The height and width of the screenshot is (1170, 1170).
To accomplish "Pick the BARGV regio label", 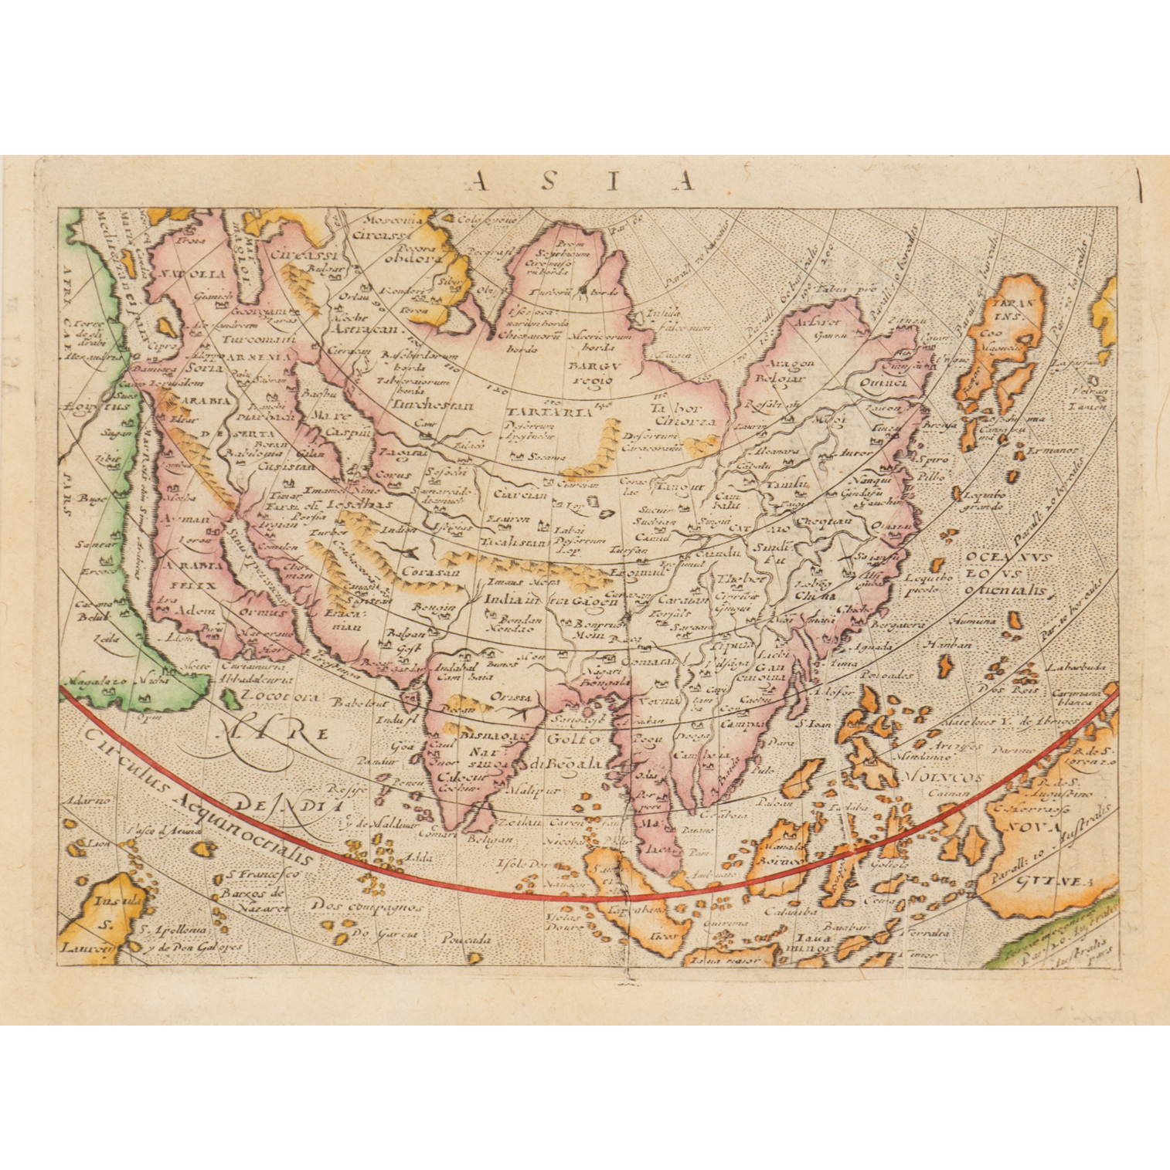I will (x=593, y=371).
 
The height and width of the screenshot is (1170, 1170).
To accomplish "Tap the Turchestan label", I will (x=421, y=403).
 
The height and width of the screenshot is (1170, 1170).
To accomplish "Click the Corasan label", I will (x=430, y=572).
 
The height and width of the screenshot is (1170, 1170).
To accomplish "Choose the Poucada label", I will (x=466, y=940).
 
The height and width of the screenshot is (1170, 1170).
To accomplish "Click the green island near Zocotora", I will (x=230, y=700).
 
